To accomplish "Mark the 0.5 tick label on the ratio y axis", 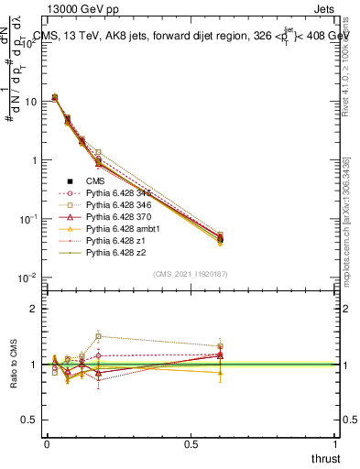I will [30, 420].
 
